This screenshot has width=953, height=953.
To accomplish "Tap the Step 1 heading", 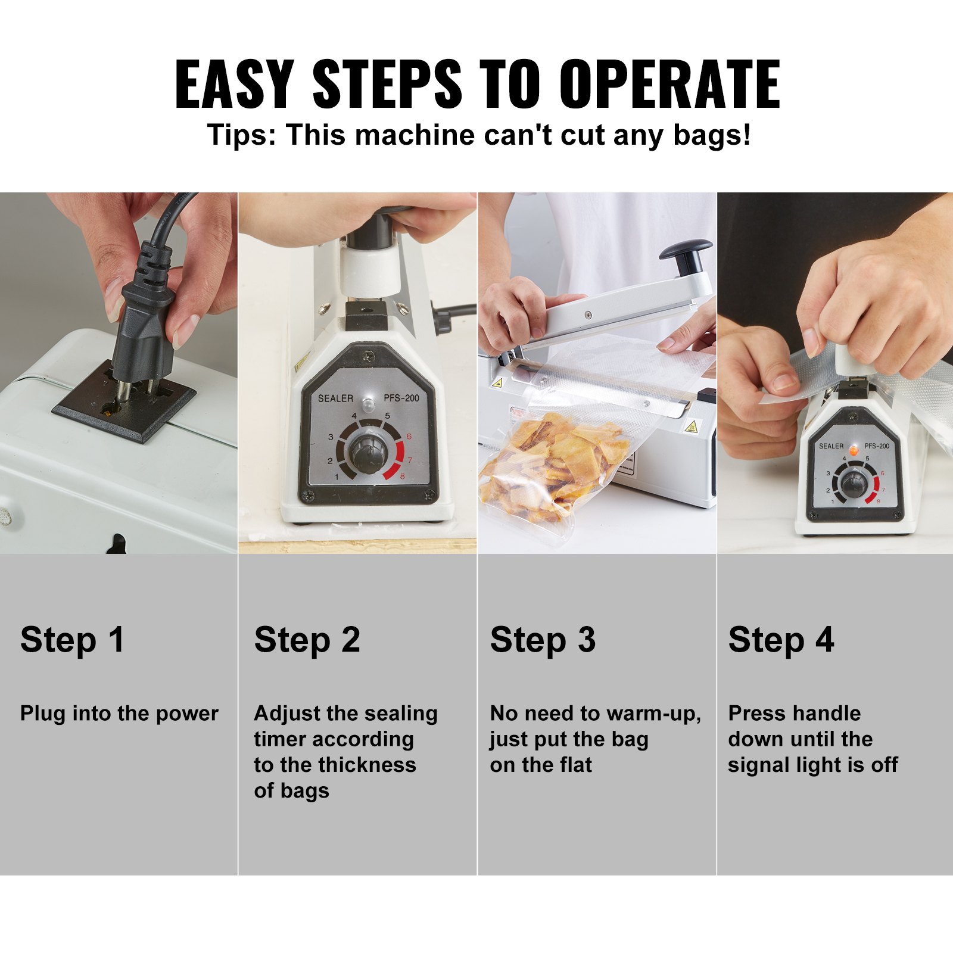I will tap(72, 640).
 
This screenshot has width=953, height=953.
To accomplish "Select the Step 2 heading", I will tap(307, 640).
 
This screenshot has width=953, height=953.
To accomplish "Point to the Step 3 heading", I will tap(543, 640).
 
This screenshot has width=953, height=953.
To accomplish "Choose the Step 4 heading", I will tap(781, 640).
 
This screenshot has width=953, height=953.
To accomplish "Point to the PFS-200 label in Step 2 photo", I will tap(401, 398).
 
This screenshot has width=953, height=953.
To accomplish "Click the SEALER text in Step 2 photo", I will tap(335, 398).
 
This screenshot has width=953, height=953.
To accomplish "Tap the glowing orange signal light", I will tap(854, 450).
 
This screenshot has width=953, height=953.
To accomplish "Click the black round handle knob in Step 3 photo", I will tap(686, 250).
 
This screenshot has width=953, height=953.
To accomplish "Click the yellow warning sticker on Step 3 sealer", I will tap(692, 426).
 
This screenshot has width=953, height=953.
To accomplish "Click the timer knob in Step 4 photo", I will tap(854, 482).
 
